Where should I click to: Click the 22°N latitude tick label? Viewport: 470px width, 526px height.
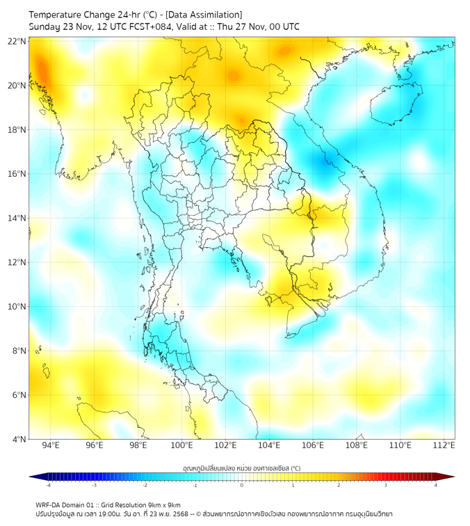(x=17, y=42)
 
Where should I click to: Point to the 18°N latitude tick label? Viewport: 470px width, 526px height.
(x=17, y=130)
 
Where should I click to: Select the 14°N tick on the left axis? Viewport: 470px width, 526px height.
(x=17, y=218)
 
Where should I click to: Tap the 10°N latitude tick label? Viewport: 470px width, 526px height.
(x=17, y=307)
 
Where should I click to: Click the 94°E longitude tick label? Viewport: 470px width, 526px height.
(x=51, y=445)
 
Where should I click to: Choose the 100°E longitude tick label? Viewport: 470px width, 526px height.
(x=181, y=445)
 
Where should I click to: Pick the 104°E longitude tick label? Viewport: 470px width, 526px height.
(x=269, y=445)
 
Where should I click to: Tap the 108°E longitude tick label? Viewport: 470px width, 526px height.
(x=357, y=445)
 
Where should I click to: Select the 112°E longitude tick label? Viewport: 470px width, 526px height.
(x=444, y=445)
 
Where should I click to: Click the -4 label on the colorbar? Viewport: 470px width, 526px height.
(x=47, y=485)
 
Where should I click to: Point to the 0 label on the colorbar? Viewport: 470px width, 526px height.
(x=242, y=485)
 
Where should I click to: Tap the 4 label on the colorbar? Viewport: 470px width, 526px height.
(x=436, y=485)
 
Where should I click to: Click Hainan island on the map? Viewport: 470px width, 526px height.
(x=395, y=103)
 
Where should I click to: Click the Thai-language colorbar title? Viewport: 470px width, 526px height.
(x=241, y=468)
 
